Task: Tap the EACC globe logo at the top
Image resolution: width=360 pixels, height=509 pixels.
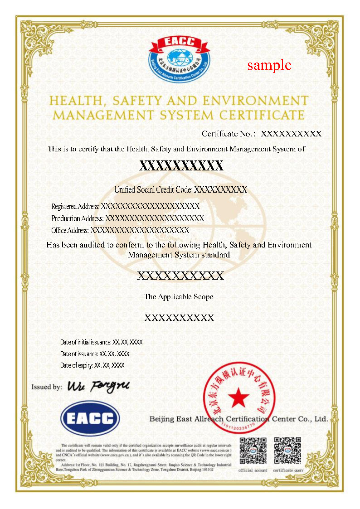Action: (x=180, y=59)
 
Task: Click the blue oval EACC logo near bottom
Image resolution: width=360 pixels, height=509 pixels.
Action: (x=90, y=418)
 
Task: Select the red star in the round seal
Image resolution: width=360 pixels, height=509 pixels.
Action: (x=238, y=398)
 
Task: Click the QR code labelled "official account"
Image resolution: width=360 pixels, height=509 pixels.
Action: (x=253, y=451)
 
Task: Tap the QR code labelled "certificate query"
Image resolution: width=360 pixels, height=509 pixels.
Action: (x=288, y=451)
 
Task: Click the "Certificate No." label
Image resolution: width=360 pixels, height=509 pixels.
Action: (x=229, y=134)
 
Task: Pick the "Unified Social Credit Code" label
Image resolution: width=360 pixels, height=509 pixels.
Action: (x=154, y=189)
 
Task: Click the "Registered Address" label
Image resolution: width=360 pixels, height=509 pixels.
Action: (x=75, y=207)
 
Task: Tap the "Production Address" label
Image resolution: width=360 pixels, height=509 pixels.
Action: (x=78, y=218)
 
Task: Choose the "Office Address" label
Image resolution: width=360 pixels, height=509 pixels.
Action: (x=70, y=230)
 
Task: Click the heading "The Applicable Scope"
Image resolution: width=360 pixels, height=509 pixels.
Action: (x=179, y=297)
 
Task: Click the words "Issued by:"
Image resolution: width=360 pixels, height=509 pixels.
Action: (x=47, y=387)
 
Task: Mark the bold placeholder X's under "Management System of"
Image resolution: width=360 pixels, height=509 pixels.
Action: (x=181, y=165)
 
